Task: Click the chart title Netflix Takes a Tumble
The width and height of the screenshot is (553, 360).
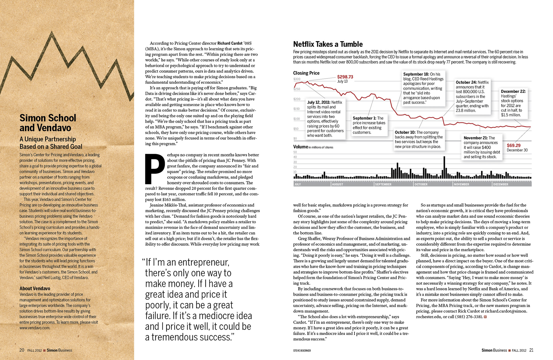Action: click(328, 44)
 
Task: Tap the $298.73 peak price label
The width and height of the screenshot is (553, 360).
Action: click(345, 77)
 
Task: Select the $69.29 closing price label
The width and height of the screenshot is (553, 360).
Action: click(514, 145)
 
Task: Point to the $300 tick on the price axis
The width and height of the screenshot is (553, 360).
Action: click(297, 79)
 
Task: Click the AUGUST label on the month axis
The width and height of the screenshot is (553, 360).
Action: click(338, 184)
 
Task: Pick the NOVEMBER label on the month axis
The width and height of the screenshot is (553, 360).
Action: click(461, 184)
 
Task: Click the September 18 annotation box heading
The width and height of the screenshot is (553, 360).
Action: click(416, 74)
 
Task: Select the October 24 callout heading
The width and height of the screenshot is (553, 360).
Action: click(466, 82)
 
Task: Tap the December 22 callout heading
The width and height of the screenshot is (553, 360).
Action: click(513, 92)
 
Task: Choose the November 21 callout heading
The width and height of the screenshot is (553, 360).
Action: click(476, 138)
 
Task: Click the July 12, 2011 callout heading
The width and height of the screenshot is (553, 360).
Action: click(319, 102)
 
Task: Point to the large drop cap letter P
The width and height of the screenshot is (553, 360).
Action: click(155, 169)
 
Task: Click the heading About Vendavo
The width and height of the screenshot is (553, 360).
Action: click(35, 288)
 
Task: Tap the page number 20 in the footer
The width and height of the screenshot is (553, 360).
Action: click(22, 350)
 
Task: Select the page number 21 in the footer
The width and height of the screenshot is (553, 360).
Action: click(531, 350)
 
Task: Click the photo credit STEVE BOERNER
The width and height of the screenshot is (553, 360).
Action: click(302, 351)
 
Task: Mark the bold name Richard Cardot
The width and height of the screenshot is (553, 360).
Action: click(230, 43)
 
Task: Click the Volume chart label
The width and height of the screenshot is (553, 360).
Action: click(300, 147)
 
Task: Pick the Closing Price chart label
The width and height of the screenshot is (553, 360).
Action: click(306, 73)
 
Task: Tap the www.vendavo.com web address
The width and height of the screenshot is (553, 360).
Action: click(35, 328)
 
